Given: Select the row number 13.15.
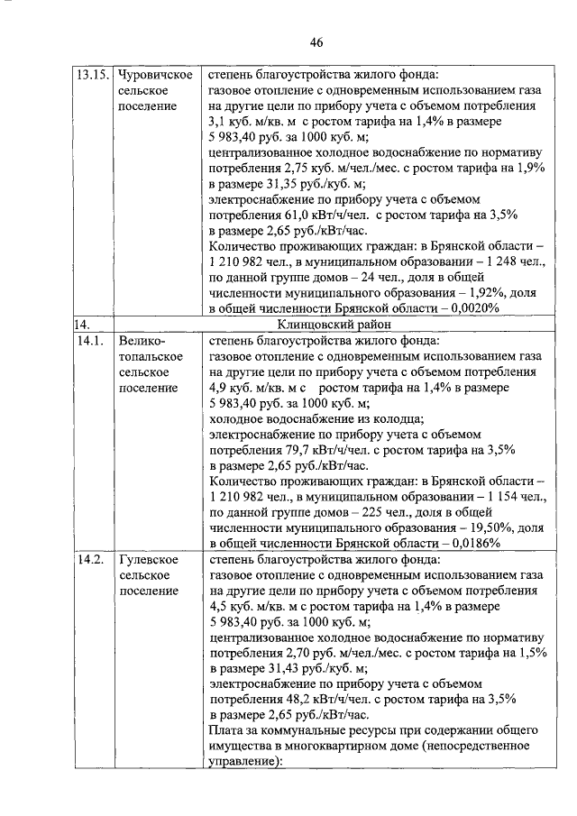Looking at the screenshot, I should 92,76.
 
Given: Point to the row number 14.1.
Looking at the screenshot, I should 88,341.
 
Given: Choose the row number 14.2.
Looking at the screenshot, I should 88,560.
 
